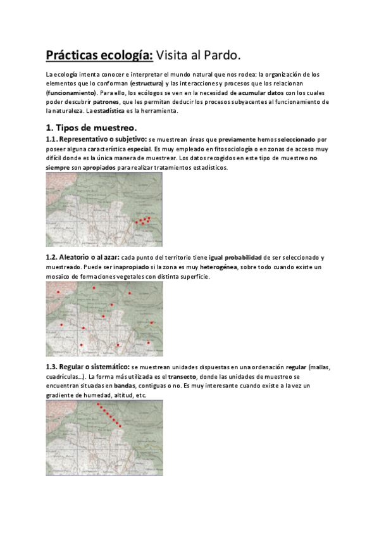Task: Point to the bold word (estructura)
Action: point(146,83)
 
